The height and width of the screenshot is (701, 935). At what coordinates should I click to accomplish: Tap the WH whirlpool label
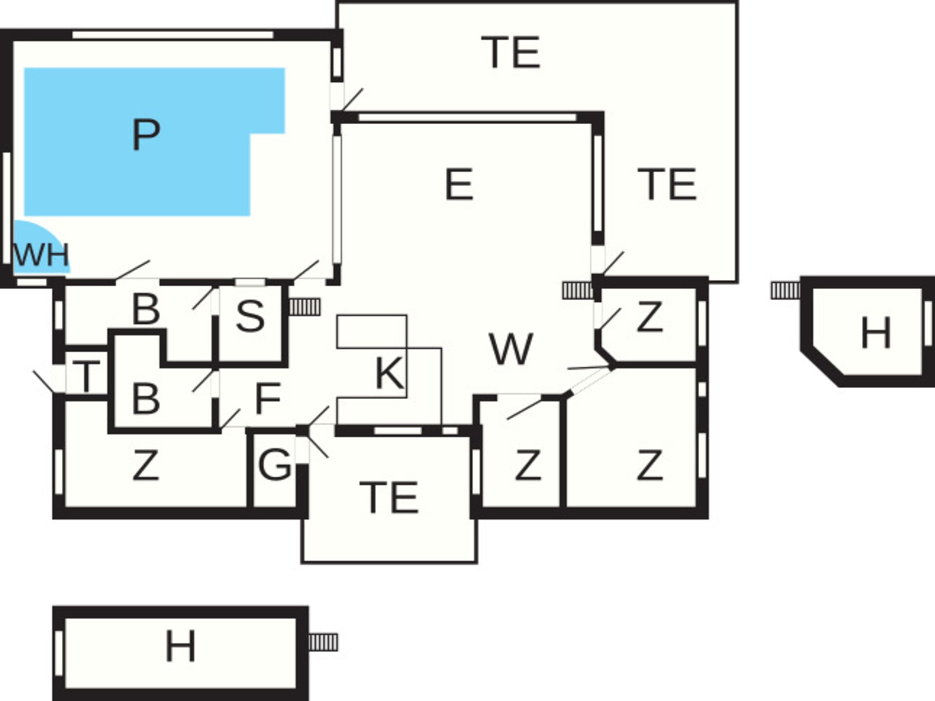pyautogui.click(x=42, y=255)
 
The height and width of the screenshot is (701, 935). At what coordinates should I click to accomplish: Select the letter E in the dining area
pyautogui.click(x=459, y=184)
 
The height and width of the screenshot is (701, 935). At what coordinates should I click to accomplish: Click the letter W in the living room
pyautogui.click(x=511, y=349)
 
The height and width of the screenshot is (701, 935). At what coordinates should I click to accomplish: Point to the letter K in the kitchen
pyautogui.click(x=390, y=373)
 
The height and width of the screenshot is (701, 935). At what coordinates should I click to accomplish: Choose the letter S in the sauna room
pyautogui.click(x=250, y=316)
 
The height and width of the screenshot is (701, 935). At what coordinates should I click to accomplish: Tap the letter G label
pyautogui.click(x=275, y=465)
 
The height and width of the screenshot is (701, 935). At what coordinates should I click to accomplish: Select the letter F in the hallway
pyautogui.click(x=268, y=398)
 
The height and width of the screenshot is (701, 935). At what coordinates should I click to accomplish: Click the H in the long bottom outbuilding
pyautogui.click(x=181, y=646)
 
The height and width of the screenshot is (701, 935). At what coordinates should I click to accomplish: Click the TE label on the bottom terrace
pyautogui.click(x=389, y=497)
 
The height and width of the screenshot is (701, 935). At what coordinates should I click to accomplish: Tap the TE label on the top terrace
pyautogui.click(x=510, y=52)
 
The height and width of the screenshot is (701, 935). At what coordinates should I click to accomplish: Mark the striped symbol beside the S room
pyautogui.click(x=305, y=307)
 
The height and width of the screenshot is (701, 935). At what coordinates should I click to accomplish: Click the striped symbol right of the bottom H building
pyautogui.click(x=323, y=642)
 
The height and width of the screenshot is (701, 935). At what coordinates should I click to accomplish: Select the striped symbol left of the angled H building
pyautogui.click(x=785, y=291)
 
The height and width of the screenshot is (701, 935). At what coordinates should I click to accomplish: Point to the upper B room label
pyautogui.click(x=146, y=309)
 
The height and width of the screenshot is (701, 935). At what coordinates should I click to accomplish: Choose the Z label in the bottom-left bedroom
pyautogui.click(x=146, y=465)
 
